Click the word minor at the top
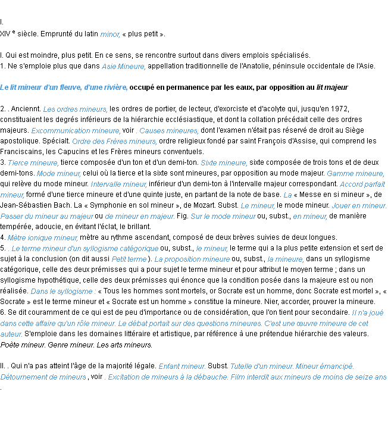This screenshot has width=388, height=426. [109, 35]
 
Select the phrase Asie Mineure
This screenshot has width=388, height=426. [123, 67]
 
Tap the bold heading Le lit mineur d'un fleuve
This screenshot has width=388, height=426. [64, 87]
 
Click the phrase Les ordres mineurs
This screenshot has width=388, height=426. [75, 109]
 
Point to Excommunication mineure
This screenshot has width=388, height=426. [76, 131]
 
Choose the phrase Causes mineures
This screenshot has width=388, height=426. [168, 131]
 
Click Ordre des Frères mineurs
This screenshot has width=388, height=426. [114, 142]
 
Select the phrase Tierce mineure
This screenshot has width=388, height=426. [33, 163]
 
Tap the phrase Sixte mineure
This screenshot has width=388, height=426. [224, 163]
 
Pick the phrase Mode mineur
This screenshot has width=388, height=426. [58, 174]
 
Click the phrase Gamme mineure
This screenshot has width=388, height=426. [355, 174]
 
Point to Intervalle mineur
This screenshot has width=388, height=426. [118, 184]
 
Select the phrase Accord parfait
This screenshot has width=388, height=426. [362, 184]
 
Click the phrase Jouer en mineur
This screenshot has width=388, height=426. [359, 206]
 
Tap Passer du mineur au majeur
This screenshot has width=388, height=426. [47, 217]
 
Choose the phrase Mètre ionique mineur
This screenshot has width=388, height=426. [43, 238]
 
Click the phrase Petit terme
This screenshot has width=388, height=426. [129, 259]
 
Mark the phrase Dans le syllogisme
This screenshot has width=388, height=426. [63, 292]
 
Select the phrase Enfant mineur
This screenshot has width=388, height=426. [182, 367]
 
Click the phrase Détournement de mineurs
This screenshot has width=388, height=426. [43, 377]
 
